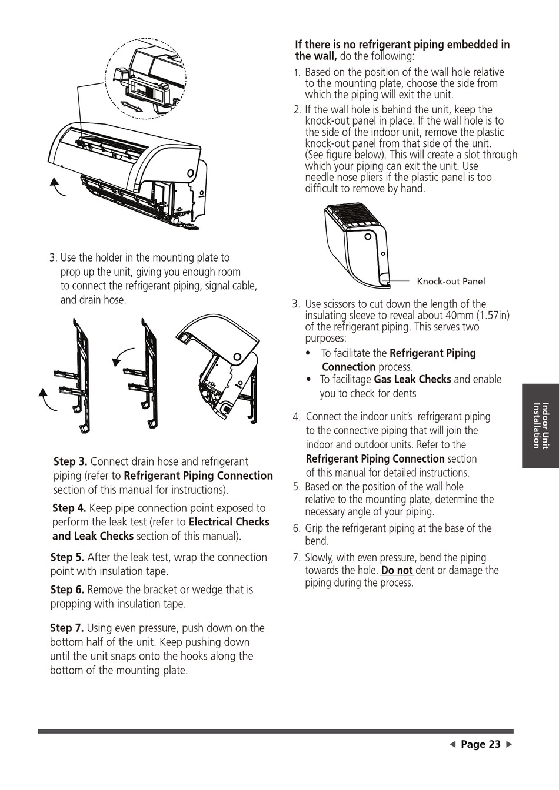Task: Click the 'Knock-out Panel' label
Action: click(x=451, y=282)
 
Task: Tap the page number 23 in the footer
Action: click(x=481, y=744)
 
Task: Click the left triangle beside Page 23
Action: click(x=452, y=745)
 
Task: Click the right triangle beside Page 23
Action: click(x=509, y=745)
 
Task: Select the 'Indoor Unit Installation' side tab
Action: click(x=540, y=426)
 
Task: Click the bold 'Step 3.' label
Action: click(x=70, y=462)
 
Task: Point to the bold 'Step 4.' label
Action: click(x=69, y=508)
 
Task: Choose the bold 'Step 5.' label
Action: click(x=67, y=557)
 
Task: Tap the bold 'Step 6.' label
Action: click(x=67, y=590)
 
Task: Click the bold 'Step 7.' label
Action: click(x=66, y=628)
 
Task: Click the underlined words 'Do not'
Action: click(x=397, y=570)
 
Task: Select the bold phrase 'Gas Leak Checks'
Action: click(x=412, y=380)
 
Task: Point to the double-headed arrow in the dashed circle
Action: click(x=131, y=106)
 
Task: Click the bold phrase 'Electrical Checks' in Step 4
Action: click(x=229, y=522)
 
